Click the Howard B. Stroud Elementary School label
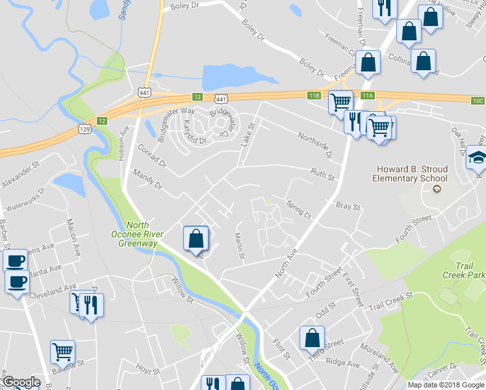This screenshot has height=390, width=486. (410, 174)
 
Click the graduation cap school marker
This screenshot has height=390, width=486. (478, 158)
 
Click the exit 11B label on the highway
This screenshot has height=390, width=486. (314, 96)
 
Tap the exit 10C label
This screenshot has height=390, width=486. (478, 100)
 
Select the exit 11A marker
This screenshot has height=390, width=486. (368, 96)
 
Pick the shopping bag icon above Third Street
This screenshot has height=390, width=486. (312, 338)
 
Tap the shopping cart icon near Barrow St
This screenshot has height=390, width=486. (62, 352)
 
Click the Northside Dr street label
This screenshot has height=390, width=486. (315, 146)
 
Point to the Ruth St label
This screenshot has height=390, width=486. (322, 174)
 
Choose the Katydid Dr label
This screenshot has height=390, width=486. (194, 132)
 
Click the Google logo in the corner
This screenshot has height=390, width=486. (21, 383)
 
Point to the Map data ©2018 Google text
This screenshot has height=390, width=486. (446, 385)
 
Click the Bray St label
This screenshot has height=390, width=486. (348, 206)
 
